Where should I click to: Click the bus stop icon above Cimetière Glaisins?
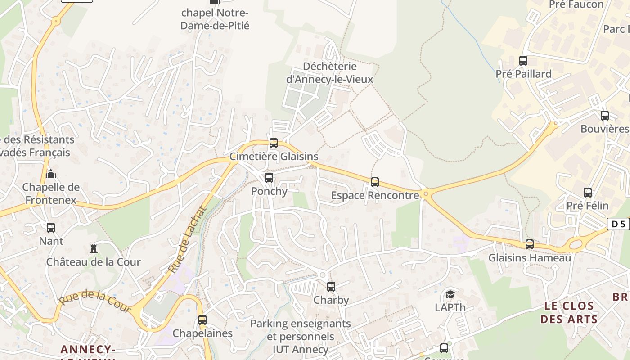274,144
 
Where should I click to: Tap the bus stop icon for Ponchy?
269,178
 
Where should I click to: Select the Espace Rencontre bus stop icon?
375,182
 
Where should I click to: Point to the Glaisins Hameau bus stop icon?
530,244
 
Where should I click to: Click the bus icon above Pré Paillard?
523,61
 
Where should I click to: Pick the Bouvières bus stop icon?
605,116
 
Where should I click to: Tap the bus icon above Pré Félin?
588,193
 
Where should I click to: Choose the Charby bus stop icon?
331,287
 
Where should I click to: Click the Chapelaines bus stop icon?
202,320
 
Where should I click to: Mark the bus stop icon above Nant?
51,228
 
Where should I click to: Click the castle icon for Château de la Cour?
94,248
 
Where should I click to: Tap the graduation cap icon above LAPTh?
450,295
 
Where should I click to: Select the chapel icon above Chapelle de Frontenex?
51,174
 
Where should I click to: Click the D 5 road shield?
618,224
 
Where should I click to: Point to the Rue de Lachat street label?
188,239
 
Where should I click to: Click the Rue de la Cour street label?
95,301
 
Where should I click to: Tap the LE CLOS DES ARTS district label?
569,312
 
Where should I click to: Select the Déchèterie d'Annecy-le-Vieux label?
330,73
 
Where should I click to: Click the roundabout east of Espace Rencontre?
426,194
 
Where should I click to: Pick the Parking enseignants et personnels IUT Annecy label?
301,336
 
